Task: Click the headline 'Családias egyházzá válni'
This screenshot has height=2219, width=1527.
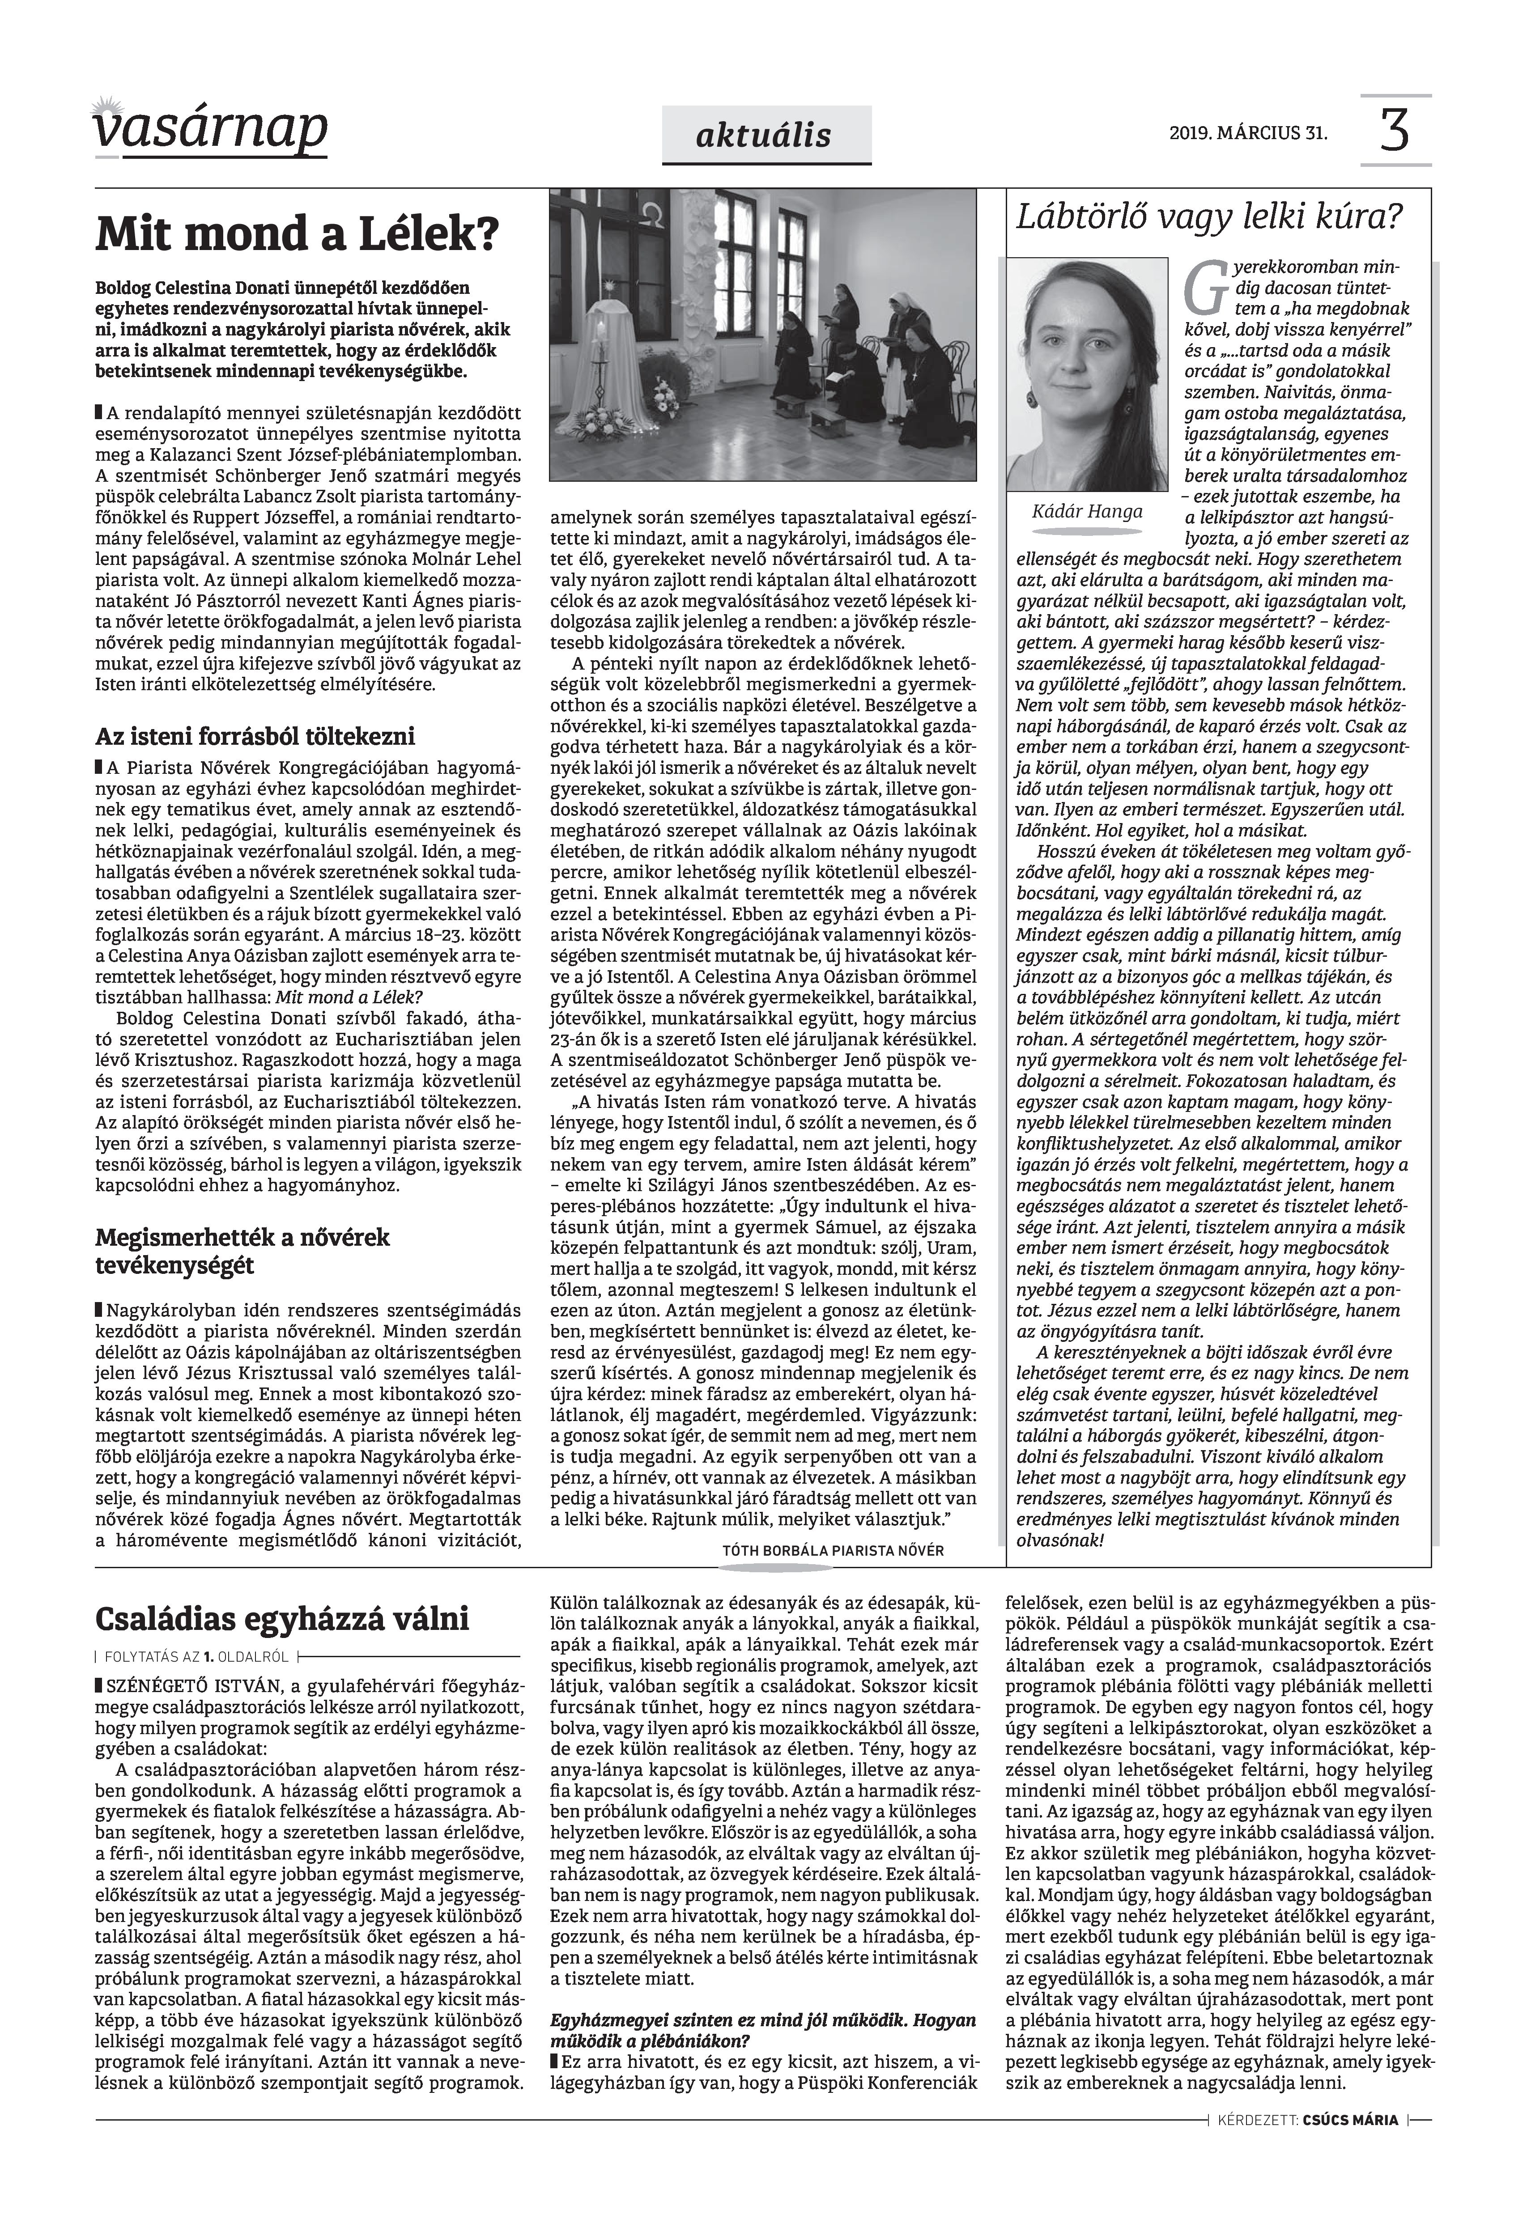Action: [x=282, y=1619]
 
